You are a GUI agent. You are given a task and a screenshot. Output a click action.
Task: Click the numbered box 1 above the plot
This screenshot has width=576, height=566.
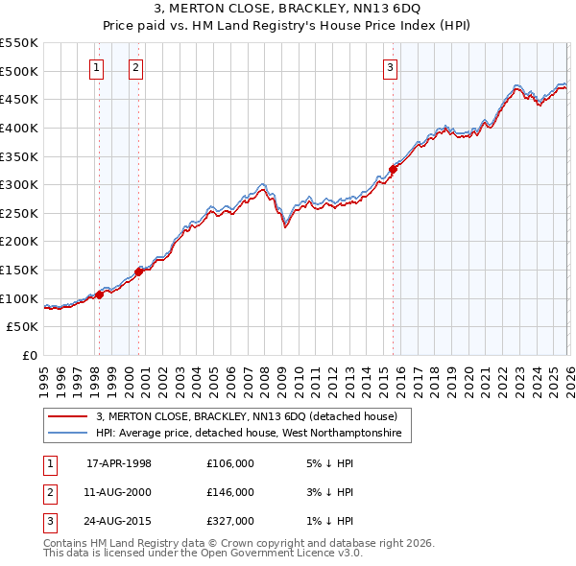point(98,67)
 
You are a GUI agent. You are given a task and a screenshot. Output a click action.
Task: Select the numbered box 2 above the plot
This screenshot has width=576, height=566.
point(136,67)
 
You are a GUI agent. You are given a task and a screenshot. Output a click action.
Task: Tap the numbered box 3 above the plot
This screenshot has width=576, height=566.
point(391,67)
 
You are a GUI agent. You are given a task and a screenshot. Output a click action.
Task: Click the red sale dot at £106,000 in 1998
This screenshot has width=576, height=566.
point(99,295)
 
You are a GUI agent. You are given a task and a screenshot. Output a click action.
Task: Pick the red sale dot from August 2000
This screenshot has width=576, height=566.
point(138,271)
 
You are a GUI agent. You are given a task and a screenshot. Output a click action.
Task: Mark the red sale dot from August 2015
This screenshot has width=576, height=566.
point(393,169)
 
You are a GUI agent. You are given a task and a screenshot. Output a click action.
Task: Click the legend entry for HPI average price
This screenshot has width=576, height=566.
point(252,434)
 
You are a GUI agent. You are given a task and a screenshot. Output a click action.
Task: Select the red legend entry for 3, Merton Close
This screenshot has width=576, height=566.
point(252,416)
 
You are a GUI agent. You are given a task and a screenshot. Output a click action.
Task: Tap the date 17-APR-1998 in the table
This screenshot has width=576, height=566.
point(119,463)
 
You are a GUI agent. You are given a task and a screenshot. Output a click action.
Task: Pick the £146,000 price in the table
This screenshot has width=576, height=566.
point(230,492)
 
